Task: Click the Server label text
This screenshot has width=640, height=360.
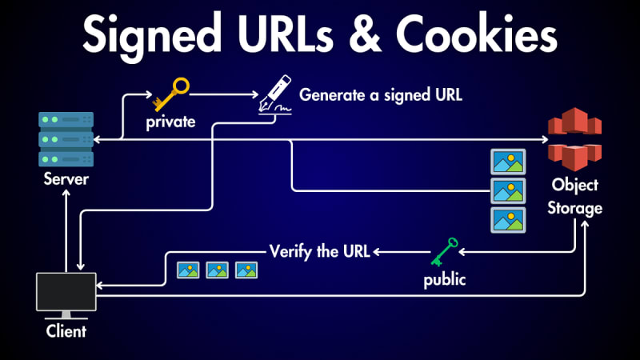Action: pos(66,179)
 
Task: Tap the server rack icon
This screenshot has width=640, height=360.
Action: pos(66,139)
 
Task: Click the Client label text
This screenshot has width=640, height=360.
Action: pos(66,330)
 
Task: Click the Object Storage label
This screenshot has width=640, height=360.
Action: pos(574,197)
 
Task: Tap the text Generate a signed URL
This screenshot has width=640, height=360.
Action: pos(381,94)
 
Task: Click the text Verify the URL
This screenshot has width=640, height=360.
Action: pos(319,250)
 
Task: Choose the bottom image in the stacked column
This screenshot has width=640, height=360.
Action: pos(507,219)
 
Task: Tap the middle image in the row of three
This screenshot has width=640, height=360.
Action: pos(218,270)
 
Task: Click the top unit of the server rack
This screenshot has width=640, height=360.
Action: pos(66,120)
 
